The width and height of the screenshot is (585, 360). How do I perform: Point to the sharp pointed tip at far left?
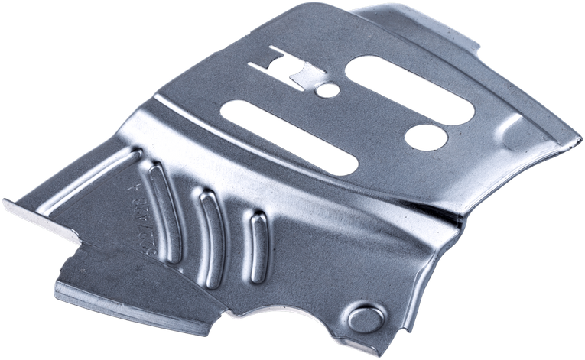coord(6,204)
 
